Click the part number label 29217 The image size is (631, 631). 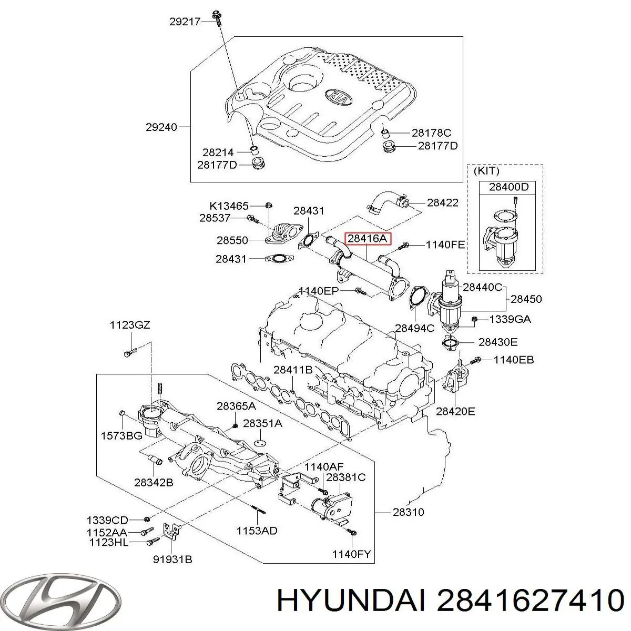click(x=184, y=22)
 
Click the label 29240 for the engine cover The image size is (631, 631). click(x=161, y=127)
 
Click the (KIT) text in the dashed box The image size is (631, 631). click(x=486, y=171)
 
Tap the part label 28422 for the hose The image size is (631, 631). click(x=442, y=202)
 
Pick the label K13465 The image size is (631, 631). click(x=230, y=205)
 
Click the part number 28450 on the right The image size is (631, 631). click(x=526, y=299)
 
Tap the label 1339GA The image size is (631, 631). click(x=510, y=319)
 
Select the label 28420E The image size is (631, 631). click(x=456, y=411)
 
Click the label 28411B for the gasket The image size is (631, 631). click(x=293, y=370)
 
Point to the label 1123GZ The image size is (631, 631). click(x=130, y=325)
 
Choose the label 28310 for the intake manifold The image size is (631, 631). click(x=409, y=512)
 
